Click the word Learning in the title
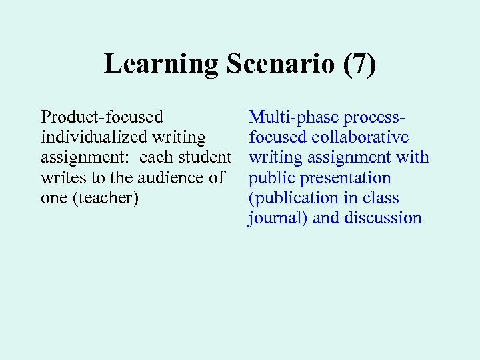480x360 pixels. tap(161, 65)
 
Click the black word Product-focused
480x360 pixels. tap(101, 117)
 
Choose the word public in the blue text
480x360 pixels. tap(270, 178)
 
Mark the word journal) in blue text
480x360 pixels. tap(277, 218)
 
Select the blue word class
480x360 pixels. tap(381, 198)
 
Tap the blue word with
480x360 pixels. tap(413, 157)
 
